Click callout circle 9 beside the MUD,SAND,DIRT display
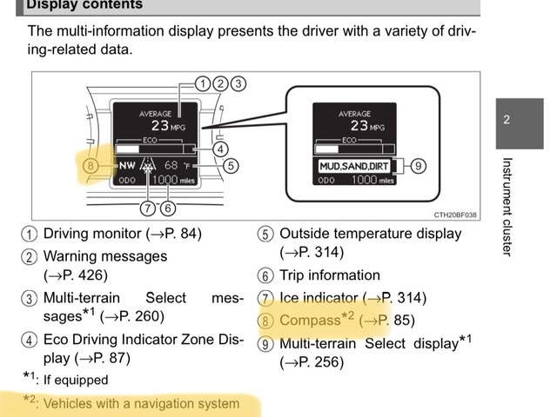pyautogui.click(x=418, y=166)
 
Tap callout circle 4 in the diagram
pyautogui.click(x=220, y=149)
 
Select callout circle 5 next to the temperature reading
pyautogui.click(x=231, y=166)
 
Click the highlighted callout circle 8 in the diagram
pyautogui.click(x=91, y=166)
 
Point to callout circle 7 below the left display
pyautogui.click(x=147, y=208)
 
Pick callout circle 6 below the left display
pyautogui.click(x=168, y=208)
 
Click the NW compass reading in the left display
pyautogui.click(x=127, y=166)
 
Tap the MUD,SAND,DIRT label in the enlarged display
pyautogui.click(x=354, y=166)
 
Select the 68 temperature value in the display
pyautogui.click(x=171, y=165)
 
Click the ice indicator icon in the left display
pyautogui.click(x=148, y=166)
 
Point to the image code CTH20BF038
pyautogui.click(x=455, y=215)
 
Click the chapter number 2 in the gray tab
pyautogui.click(x=507, y=120)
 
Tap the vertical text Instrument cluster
pyautogui.click(x=507, y=207)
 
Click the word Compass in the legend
pyautogui.click(x=310, y=321)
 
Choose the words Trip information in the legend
pyautogui.click(x=330, y=275)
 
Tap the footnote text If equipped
pyautogui.click(x=76, y=380)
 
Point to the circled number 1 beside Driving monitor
pyautogui.click(x=29, y=235)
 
